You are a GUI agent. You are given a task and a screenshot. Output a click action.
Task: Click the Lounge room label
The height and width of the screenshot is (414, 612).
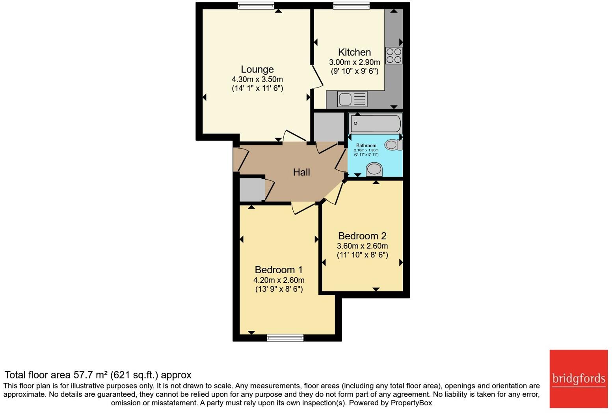(x=257, y=69)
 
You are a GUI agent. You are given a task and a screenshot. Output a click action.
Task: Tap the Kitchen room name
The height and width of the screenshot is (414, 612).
(x=354, y=52)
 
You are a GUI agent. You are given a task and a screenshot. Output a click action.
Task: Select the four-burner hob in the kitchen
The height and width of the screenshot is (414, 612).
(x=393, y=56)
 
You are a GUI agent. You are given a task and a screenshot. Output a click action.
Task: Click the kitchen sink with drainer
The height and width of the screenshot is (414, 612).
(x=352, y=99)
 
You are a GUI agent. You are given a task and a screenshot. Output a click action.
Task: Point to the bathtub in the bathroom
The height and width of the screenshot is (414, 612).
(x=376, y=123)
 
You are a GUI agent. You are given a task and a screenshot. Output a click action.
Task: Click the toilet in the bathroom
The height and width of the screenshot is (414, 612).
(x=393, y=145)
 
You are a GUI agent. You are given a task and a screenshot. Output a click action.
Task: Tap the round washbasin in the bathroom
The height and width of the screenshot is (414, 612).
(x=374, y=170)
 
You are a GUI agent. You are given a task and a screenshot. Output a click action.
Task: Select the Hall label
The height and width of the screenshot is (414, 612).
(x=301, y=172)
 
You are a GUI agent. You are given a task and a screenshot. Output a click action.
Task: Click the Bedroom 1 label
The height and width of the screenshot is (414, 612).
(x=279, y=270)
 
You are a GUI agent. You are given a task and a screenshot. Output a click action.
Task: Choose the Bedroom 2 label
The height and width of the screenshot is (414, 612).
(x=362, y=236)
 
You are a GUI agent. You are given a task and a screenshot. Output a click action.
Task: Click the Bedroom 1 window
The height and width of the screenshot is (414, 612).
(x=285, y=338)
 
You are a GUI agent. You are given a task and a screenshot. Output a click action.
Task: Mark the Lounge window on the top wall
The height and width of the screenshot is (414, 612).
(x=256, y=6)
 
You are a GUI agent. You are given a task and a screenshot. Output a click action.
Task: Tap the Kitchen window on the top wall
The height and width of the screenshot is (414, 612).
(x=351, y=6)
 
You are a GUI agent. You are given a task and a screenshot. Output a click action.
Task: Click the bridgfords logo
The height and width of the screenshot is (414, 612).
(x=579, y=379)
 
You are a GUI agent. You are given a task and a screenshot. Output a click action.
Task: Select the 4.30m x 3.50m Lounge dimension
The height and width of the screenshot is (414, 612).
(x=257, y=79)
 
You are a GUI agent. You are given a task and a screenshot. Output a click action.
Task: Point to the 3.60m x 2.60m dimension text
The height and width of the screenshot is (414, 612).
(x=362, y=246)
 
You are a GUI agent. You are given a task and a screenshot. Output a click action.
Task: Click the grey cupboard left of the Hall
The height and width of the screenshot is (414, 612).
(x=252, y=190)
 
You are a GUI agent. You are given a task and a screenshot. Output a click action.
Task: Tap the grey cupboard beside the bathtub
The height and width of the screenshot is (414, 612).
(x=329, y=127)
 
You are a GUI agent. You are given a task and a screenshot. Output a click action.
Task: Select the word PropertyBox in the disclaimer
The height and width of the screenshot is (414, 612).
(x=411, y=403)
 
